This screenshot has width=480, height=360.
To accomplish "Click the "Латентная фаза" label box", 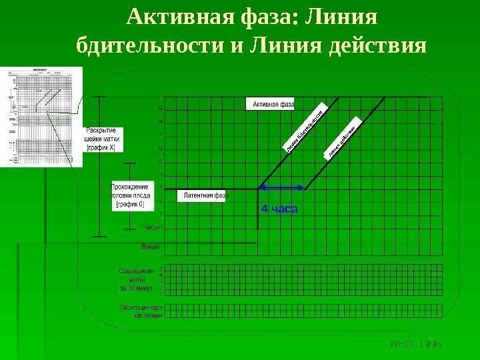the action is [x=204, y=195].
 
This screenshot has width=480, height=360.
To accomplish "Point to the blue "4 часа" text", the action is [x=279, y=209].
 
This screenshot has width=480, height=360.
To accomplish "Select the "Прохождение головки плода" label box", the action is [x=129, y=196].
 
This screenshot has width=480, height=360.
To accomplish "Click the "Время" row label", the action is [x=151, y=247].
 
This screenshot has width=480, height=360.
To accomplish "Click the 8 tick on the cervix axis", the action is [x=161, y=122].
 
